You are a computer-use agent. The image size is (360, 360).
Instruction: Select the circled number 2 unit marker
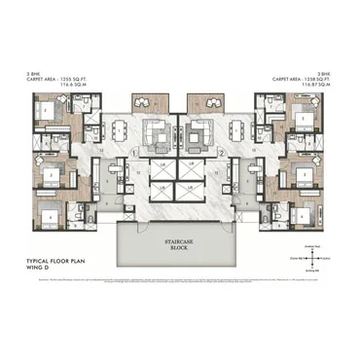pos(222,154)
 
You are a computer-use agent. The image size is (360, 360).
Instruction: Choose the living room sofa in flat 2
pos(201,130)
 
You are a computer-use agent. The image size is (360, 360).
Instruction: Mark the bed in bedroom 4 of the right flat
pos(308,206)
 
